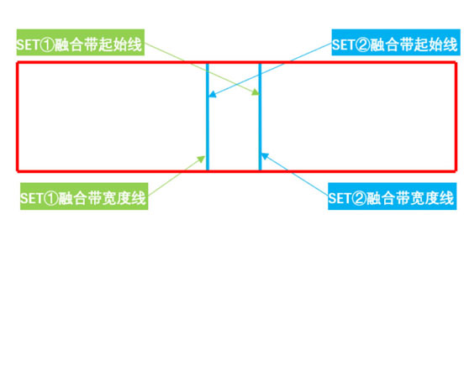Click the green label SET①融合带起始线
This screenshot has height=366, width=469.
click(81, 43)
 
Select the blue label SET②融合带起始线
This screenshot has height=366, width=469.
click(396, 43)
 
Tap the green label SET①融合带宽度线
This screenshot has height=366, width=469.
click(84, 196)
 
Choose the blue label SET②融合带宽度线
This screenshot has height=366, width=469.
click(393, 196)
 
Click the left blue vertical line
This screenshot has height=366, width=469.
click(208, 117)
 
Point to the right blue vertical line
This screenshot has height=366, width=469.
click(260, 117)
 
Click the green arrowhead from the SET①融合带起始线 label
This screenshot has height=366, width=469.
click(256, 92)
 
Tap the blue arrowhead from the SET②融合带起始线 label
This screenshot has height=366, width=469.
click(213, 94)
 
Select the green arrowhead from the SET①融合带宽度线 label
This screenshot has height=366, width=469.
click(201, 159)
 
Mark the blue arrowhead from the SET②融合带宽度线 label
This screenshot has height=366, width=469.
click(265, 156)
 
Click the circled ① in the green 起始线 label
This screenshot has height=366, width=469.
click(47, 44)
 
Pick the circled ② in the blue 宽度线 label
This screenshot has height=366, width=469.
click(359, 198)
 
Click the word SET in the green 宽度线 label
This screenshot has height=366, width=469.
click(32, 198)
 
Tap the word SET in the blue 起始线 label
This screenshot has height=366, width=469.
click(344, 44)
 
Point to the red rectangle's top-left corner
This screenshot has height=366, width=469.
click(18, 63)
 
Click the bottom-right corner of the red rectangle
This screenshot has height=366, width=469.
click(456, 171)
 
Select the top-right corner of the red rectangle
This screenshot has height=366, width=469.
click(456, 63)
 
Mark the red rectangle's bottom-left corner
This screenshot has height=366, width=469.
click(18, 171)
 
